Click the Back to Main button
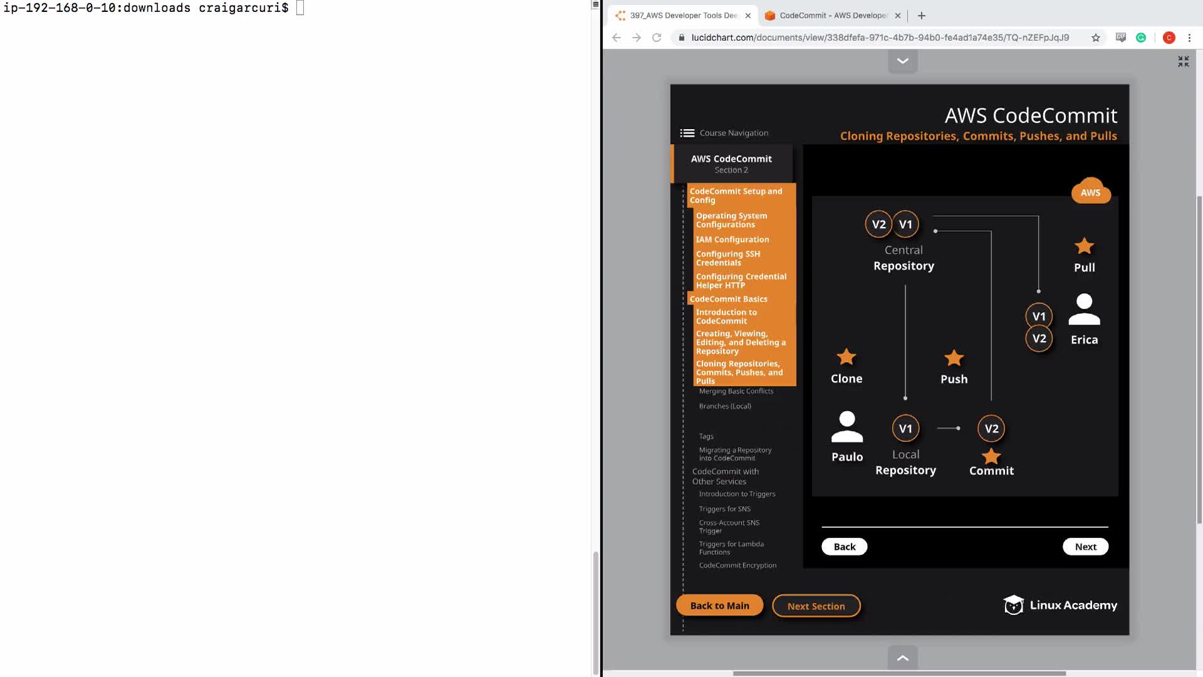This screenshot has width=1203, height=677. pos(719,606)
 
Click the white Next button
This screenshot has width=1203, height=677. pos(1085,547)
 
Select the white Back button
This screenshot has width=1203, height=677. pos(844,547)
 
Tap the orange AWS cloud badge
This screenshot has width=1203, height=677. pos(1091,191)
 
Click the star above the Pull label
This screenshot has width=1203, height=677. pos(1084,246)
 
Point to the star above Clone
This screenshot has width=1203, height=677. pos(846,357)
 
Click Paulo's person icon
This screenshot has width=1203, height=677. pos(847,427)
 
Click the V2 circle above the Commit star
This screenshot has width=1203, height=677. pos(991,429)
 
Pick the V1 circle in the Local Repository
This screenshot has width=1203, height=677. pos(905,429)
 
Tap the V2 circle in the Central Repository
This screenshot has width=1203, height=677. pos(878,224)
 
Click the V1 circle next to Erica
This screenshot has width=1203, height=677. pos(1039,317)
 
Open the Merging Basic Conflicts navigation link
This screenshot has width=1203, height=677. pos(736,391)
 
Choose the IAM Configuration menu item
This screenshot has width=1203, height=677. pos(732,239)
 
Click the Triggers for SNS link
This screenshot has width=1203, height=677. pos(725,509)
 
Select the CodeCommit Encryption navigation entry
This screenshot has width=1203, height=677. pos(737,565)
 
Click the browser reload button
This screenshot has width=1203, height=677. pos(657,38)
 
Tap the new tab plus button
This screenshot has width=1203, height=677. pos(921,16)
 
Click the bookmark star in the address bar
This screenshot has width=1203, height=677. pos(1095,38)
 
